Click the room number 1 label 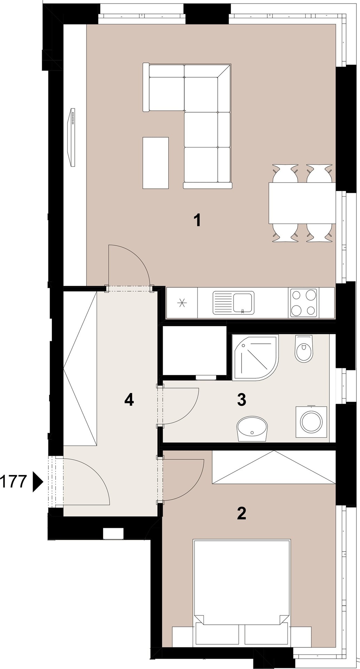point(198,220)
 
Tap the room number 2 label point(242,513)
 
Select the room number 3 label point(242,400)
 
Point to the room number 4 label point(129,400)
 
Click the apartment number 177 point(13,482)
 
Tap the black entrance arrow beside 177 point(37,482)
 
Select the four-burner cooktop point(303,303)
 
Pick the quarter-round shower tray point(255,357)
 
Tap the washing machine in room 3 point(311,422)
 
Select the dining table point(302,203)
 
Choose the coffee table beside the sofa point(155,163)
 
